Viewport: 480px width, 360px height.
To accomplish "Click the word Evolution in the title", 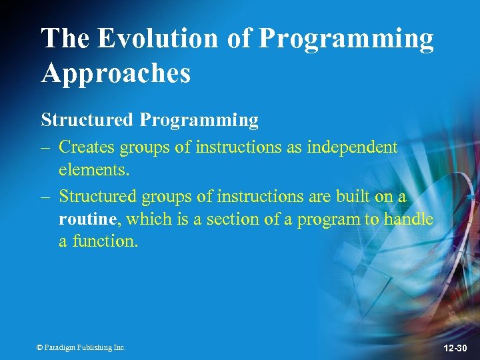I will [158, 39].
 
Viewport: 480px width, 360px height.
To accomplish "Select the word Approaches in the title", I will [116, 73].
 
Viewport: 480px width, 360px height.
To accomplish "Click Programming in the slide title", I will [345, 39].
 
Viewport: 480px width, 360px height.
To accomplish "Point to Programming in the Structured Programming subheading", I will [199, 120].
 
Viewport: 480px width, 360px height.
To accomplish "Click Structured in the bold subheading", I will [87, 120].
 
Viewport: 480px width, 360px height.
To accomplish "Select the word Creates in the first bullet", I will [86, 147].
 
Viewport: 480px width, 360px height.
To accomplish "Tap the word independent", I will [352, 147].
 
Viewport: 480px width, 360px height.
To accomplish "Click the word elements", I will [94, 170].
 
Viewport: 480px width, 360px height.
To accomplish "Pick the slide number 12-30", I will [455, 348].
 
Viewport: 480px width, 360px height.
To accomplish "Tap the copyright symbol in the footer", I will [39, 347].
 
